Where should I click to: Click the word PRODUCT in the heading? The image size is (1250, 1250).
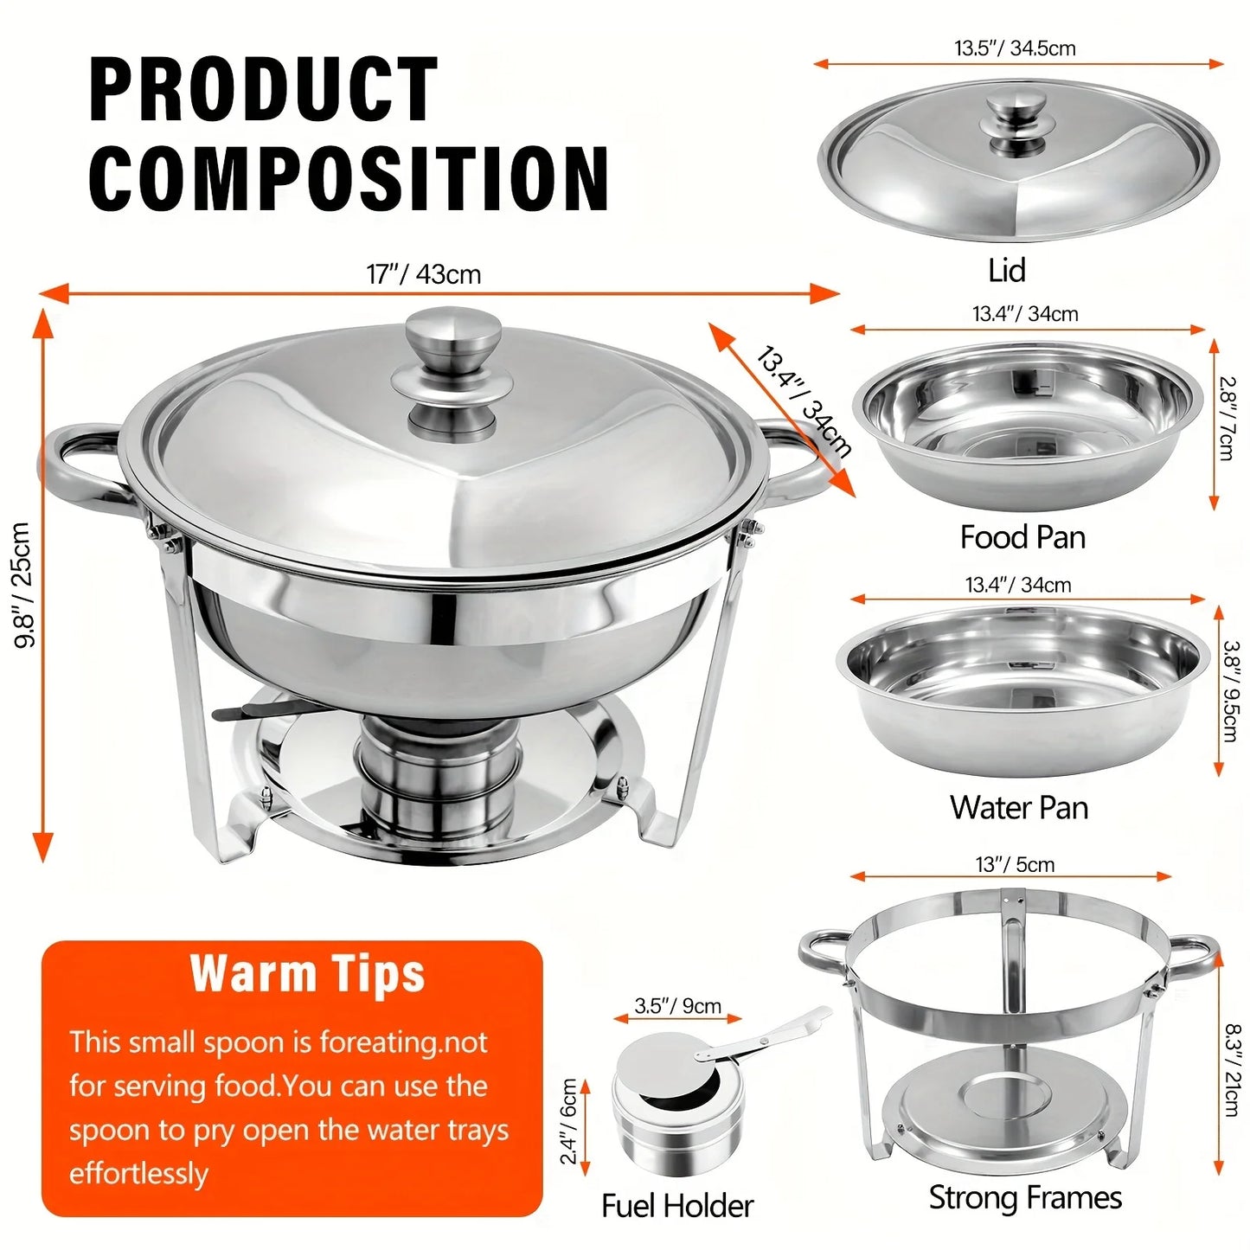pos(264,89)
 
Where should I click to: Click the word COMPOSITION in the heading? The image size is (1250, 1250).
pos(349,178)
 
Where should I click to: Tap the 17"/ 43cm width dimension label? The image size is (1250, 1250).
pos(423,274)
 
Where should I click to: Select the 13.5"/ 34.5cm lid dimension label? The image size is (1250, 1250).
pos(1015,48)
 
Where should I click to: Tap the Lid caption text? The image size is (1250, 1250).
pos(1006,271)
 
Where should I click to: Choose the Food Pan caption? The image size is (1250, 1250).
pos(1022,537)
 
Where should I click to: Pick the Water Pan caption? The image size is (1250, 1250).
pos(1019,808)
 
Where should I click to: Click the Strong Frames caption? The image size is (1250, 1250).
pos(1025,1198)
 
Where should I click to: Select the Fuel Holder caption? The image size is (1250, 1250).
pos(677,1206)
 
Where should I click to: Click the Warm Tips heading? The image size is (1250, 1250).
pos(308,974)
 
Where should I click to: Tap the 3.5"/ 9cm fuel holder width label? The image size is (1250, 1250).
pos(677,1006)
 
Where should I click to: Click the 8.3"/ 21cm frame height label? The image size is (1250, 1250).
pos(1233,1069)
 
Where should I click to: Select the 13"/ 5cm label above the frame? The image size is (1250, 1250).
pos(1015,864)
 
